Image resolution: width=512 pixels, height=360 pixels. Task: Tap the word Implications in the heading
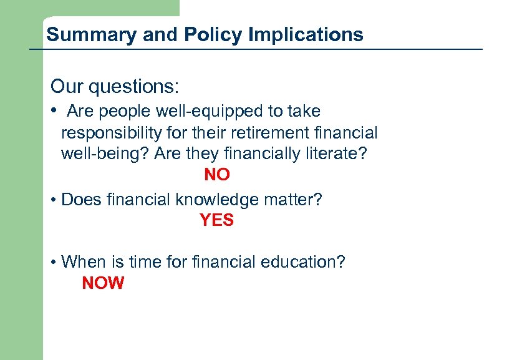pos(306,34)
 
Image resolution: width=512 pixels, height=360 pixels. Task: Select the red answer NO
pos(217,175)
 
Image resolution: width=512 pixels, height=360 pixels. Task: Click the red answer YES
pos(216,220)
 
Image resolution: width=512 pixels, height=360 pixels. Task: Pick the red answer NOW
pos(103,283)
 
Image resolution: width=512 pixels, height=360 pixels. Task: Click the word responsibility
pos(112,133)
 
